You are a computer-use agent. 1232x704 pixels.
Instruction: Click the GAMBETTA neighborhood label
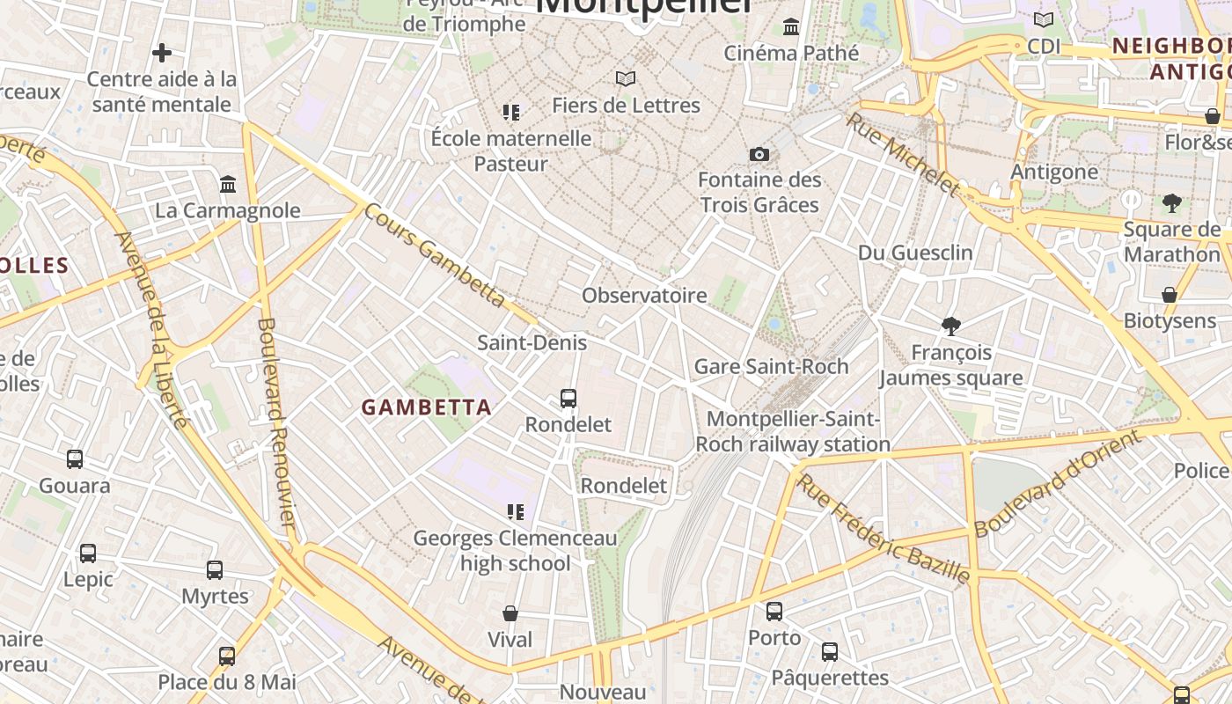tap(427, 407)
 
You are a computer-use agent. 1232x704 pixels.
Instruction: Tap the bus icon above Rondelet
tap(568, 399)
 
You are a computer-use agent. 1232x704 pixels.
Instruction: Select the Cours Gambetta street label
tap(434, 255)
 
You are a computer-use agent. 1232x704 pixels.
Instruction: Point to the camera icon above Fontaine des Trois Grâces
tap(759, 155)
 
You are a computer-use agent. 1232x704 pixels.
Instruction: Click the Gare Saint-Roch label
tap(771, 366)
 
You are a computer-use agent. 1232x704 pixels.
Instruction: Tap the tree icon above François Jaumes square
tap(950, 326)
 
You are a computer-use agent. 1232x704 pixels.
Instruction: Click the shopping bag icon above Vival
tap(510, 613)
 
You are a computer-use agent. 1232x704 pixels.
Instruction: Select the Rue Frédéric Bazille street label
tap(884, 528)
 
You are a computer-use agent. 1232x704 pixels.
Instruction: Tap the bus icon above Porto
tap(774, 611)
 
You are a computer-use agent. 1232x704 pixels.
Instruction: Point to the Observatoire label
tap(644, 295)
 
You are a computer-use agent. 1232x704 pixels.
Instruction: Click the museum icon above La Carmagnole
tap(228, 185)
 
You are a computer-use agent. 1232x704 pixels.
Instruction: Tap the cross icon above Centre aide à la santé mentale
tap(162, 54)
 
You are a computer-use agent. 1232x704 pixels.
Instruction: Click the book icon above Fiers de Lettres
tap(626, 79)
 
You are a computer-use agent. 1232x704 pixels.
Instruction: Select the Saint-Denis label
tap(532, 342)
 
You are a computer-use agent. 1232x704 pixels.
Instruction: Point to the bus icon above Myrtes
tap(215, 570)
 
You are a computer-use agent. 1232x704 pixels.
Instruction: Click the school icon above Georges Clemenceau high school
tap(516, 511)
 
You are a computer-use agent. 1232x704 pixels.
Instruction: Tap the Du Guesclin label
tap(915, 253)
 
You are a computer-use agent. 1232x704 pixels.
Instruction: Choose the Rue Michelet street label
tap(903, 153)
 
